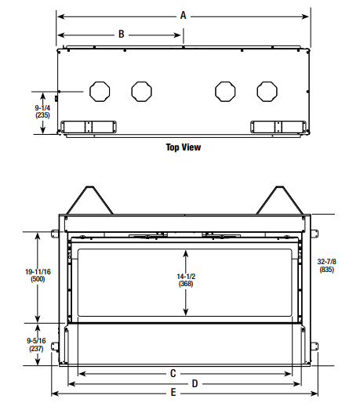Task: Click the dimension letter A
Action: click(x=183, y=16)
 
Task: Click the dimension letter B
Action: click(x=122, y=34)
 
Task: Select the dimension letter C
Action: click(x=173, y=373)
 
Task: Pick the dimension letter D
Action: click(x=195, y=383)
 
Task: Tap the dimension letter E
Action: click(x=173, y=392)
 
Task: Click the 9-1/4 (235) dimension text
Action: click(x=42, y=111)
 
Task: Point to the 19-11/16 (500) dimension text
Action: click(x=38, y=276)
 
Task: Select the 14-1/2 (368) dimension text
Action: click(x=186, y=280)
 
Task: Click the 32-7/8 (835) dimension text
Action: click(x=327, y=266)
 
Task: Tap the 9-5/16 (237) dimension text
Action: click(x=36, y=345)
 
